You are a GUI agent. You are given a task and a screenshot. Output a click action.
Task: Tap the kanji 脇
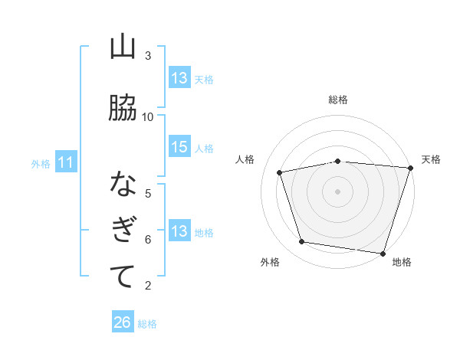coord(123,109)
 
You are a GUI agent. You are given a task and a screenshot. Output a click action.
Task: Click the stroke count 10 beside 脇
coord(148,116)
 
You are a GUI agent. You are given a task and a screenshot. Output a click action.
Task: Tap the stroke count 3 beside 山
coord(148,56)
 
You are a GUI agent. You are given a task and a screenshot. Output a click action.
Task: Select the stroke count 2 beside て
coord(148,286)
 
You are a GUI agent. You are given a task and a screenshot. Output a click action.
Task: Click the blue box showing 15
coord(179,147)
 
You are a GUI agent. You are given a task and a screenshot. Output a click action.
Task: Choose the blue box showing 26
coord(123,322)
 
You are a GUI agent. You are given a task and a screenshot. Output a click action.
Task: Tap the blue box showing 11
coord(66,162)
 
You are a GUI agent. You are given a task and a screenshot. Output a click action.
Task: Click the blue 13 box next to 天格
coord(179,78)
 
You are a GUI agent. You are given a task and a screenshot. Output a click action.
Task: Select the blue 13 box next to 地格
coord(179,231)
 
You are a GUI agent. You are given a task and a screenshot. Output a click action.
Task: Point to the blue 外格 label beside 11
coord(41,163)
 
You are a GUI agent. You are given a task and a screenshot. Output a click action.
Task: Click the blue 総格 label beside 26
coord(148,323)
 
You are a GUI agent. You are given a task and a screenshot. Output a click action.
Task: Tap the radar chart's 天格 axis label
coord(431,159)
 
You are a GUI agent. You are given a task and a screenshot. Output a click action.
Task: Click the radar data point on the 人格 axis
coord(280,172)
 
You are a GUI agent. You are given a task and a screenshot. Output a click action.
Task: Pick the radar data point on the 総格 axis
coord(338,161)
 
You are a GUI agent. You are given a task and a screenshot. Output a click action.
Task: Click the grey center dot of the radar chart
coord(338,191)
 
